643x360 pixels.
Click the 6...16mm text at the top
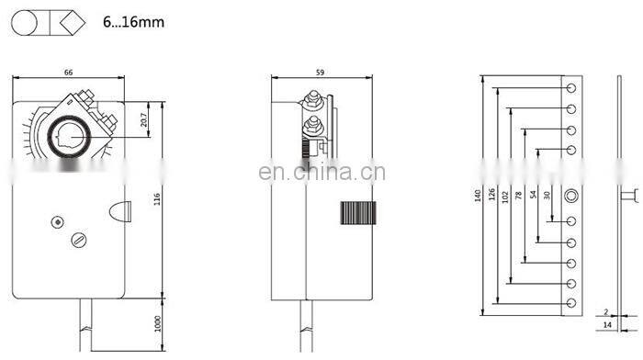pyautogui.click(x=133, y=21)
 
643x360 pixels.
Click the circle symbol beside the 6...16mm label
pyautogui.click(x=26, y=22)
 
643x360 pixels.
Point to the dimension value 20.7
pyautogui.click(x=144, y=118)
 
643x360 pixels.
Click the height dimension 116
pyautogui.click(x=158, y=197)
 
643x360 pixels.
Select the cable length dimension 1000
pyautogui.click(x=158, y=324)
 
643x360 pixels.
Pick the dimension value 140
pyautogui.click(x=478, y=196)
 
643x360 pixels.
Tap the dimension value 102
pyautogui.click(x=505, y=196)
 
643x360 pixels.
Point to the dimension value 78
pyautogui.click(x=519, y=196)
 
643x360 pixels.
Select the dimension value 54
pyautogui.click(x=533, y=196)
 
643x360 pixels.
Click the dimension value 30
pyautogui.click(x=547, y=196)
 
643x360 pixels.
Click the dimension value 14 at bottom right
pyautogui.click(x=607, y=325)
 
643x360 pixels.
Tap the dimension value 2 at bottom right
pyautogui.click(x=607, y=311)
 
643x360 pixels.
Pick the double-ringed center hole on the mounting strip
pyautogui.click(x=573, y=195)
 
